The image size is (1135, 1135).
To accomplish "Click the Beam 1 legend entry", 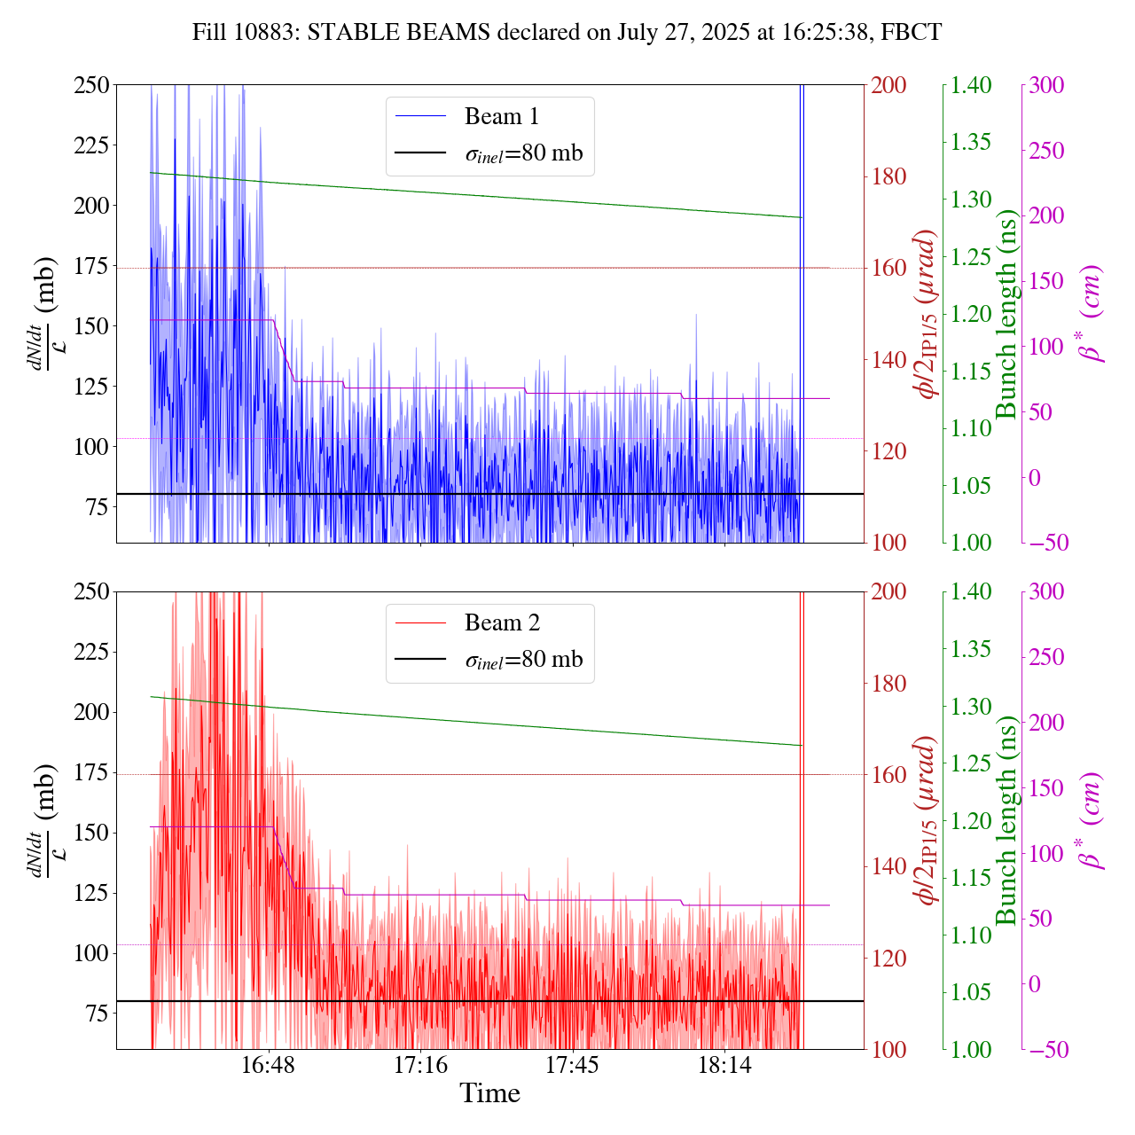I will click(501, 116).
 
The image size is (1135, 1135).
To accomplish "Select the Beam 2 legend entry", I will click(501, 623).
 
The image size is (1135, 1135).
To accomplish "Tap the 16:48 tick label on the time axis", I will click(269, 1066).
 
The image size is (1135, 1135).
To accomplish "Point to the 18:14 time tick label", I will click(724, 1066).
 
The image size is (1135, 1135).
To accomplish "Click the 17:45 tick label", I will click(573, 1066).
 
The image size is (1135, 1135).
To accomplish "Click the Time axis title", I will click(489, 1093).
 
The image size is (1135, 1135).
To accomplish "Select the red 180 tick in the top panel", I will click(889, 176).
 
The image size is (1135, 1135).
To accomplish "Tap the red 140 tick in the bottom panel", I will click(889, 866).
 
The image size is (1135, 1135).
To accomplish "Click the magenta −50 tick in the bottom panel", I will click(1046, 1050).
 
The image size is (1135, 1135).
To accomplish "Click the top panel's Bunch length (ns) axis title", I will click(1006, 314).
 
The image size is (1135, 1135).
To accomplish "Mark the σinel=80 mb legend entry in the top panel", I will click(524, 153).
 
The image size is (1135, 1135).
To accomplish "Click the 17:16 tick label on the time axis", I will click(420, 1066).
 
